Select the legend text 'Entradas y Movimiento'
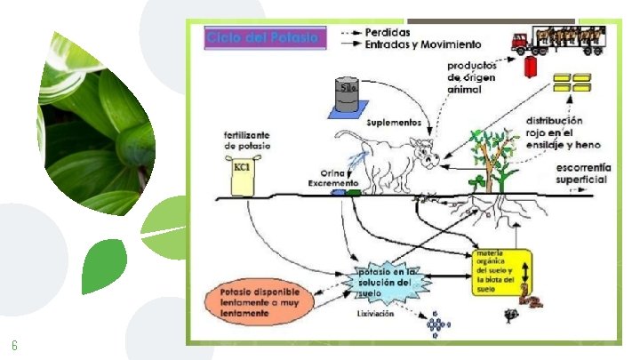point(424,44)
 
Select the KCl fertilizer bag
point(241,175)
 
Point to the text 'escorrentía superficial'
point(582,173)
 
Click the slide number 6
point(14,345)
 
